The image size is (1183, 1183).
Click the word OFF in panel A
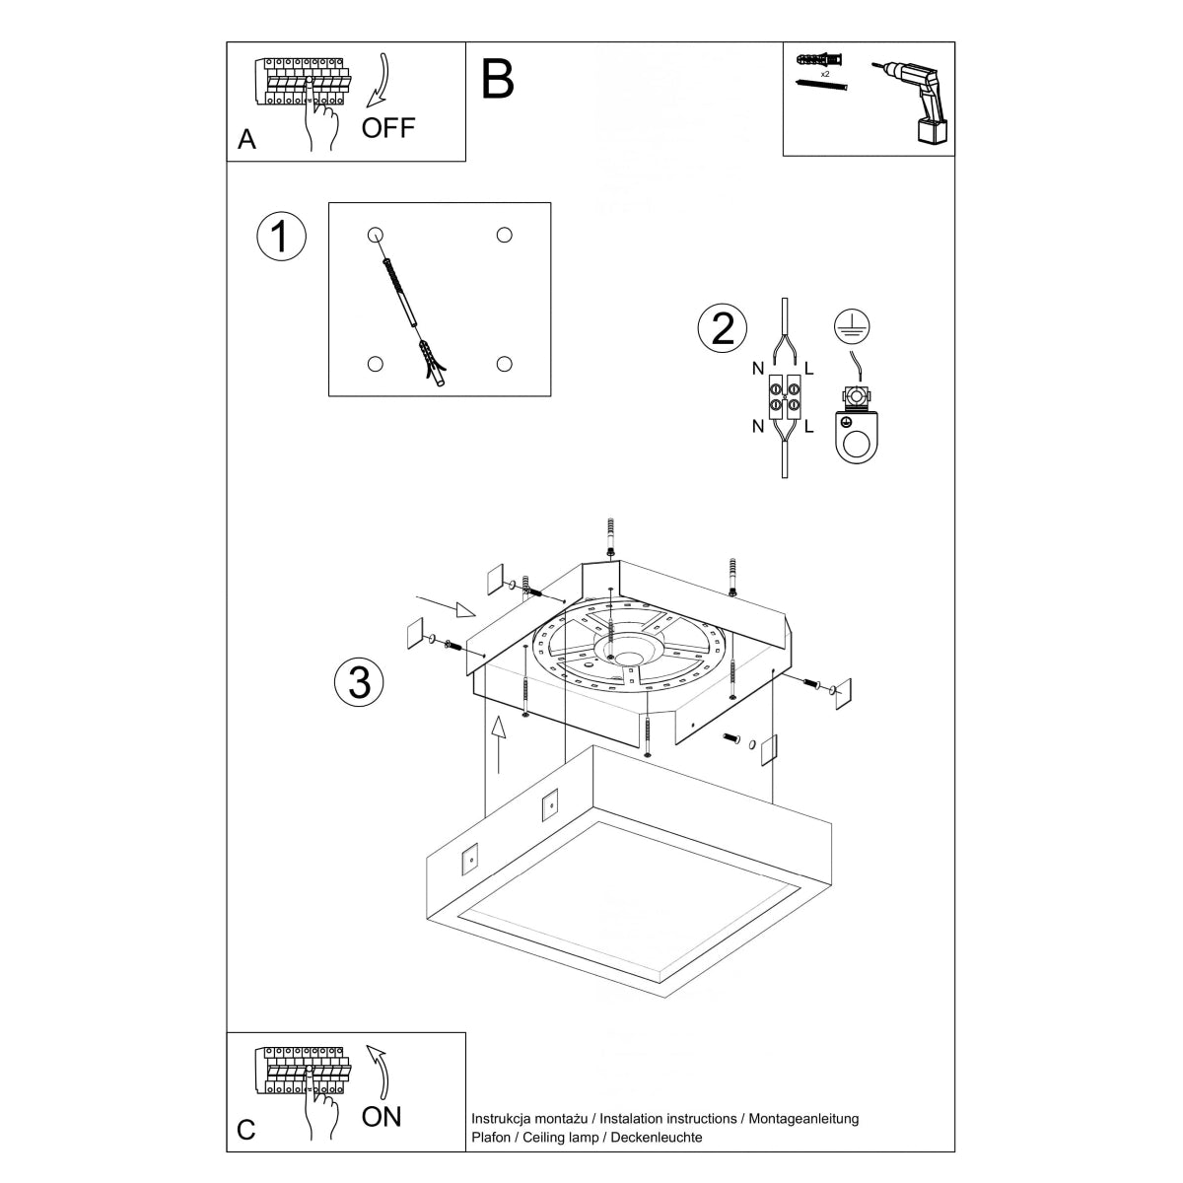point(388,127)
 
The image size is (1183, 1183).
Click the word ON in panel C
point(382,1116)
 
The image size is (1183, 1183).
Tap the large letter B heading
point(498,79)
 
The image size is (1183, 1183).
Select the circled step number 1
point(281,238)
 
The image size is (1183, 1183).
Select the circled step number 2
point(723,327)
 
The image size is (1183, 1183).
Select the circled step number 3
point(359,681)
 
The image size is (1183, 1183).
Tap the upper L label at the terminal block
point(808,370)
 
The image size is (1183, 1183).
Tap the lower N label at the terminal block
point(758,427)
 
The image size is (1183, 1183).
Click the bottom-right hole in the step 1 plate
point(505,364)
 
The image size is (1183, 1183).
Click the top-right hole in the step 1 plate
point(505,235)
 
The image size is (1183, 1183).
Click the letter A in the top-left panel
point(246,140)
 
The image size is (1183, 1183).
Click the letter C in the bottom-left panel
point(246,1129)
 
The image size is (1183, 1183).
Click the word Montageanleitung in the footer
point(803,1119)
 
